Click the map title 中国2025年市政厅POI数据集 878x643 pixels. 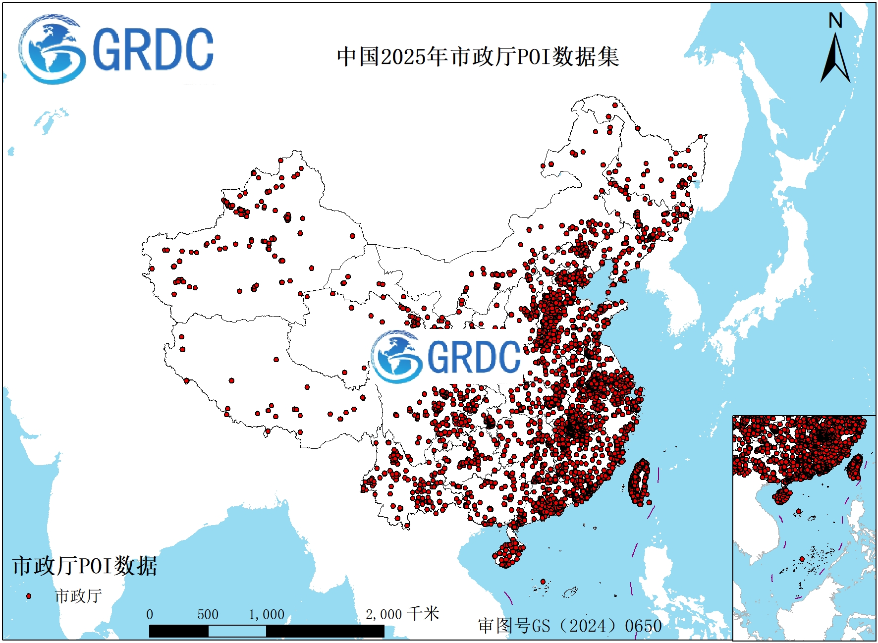point(478,56)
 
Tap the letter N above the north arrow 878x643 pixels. point(835,21)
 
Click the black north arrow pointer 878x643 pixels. point(835,59)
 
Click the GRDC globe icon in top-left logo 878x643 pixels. point(51,50)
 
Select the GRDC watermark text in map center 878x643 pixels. point(473,357)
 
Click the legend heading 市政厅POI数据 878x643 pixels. point(85,566)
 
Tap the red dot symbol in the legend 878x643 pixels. point(29,596)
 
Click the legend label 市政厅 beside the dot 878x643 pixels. point(78,596)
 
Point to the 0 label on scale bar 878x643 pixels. point(150,615)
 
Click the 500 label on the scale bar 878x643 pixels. point(208,615)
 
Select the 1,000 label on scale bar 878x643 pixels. point(267,615)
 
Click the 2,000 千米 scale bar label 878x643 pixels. point(402,614)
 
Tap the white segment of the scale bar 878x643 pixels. point(237,631)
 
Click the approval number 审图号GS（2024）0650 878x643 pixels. point(570,626)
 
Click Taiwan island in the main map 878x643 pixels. point(639,483)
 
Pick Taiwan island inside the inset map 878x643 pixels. point(855,467)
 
